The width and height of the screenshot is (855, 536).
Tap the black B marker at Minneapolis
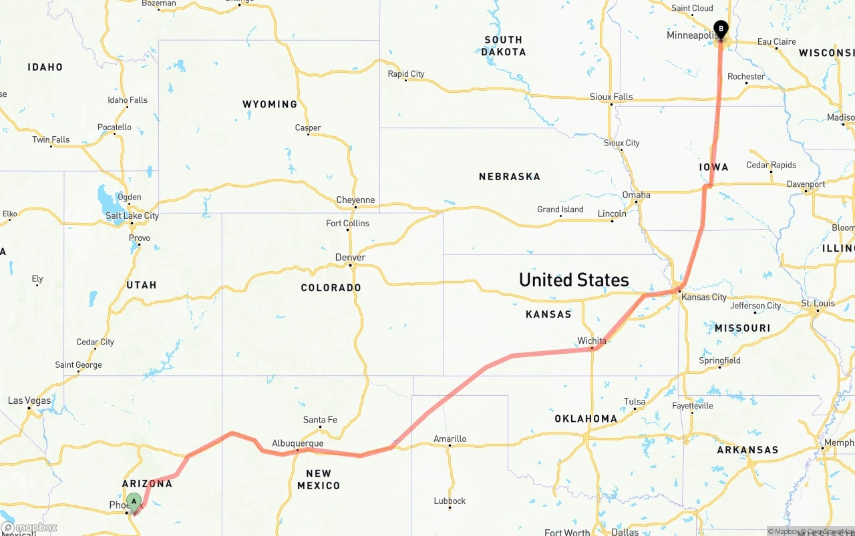pyautogui.click(x=721, y=29)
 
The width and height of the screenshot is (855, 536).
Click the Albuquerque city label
pyautogui.click(x=297, y=443)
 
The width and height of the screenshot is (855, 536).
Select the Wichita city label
pyautogui.click(x=592, y=341)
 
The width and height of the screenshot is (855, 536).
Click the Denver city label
pyautogui.click(x=350, y=258)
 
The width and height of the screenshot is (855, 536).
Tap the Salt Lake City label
pyautogui.click(x=132, y=216)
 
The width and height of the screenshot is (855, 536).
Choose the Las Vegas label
pyautogui.click(x=29, y=400)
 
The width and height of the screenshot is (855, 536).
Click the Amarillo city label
pyautogui.click(x=450, y=439)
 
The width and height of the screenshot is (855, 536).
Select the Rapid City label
pyautogui.click(x=406, y=74)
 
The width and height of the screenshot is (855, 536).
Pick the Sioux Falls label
pyautogui.click(x=611, y=97)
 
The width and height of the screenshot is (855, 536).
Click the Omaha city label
pyautogui.click(x=636, y=195)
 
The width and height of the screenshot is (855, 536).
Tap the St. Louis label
pyautogui.click(x=818, y=304)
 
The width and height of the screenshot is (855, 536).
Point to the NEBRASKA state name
pyautogui.click(x=509, y=177)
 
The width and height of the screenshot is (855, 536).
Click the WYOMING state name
pyautogui.click(x=269, y=104)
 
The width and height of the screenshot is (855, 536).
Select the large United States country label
pyautogui.click(x=574, y=280)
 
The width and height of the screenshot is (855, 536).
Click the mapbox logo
pyautogui.click(x=29, y=527)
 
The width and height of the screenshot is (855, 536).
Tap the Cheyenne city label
pyautogui.click(x=355, y=200)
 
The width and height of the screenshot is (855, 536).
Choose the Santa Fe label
pyautogui.click(x=320, y=420)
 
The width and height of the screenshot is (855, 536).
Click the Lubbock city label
pyautogui.click(x=450, y=501)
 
